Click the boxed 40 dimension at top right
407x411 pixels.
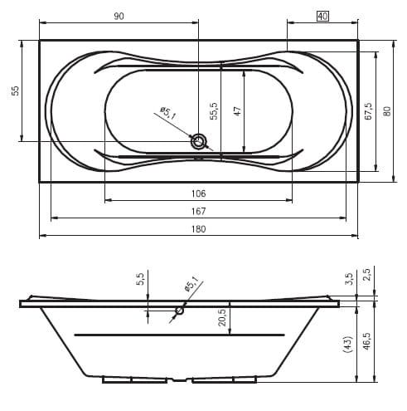[322, 17]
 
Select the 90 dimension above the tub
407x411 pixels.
[119, 17]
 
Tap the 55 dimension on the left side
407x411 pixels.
[16, 91]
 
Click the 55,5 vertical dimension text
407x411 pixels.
[214, 111]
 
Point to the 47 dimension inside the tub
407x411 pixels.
[237, 111]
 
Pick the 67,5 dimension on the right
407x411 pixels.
[368, 111]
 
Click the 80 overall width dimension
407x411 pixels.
[387, 111]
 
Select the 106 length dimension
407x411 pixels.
[199, 193]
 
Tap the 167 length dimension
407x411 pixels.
[199, 211]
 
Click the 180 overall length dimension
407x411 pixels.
[199, 229]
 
